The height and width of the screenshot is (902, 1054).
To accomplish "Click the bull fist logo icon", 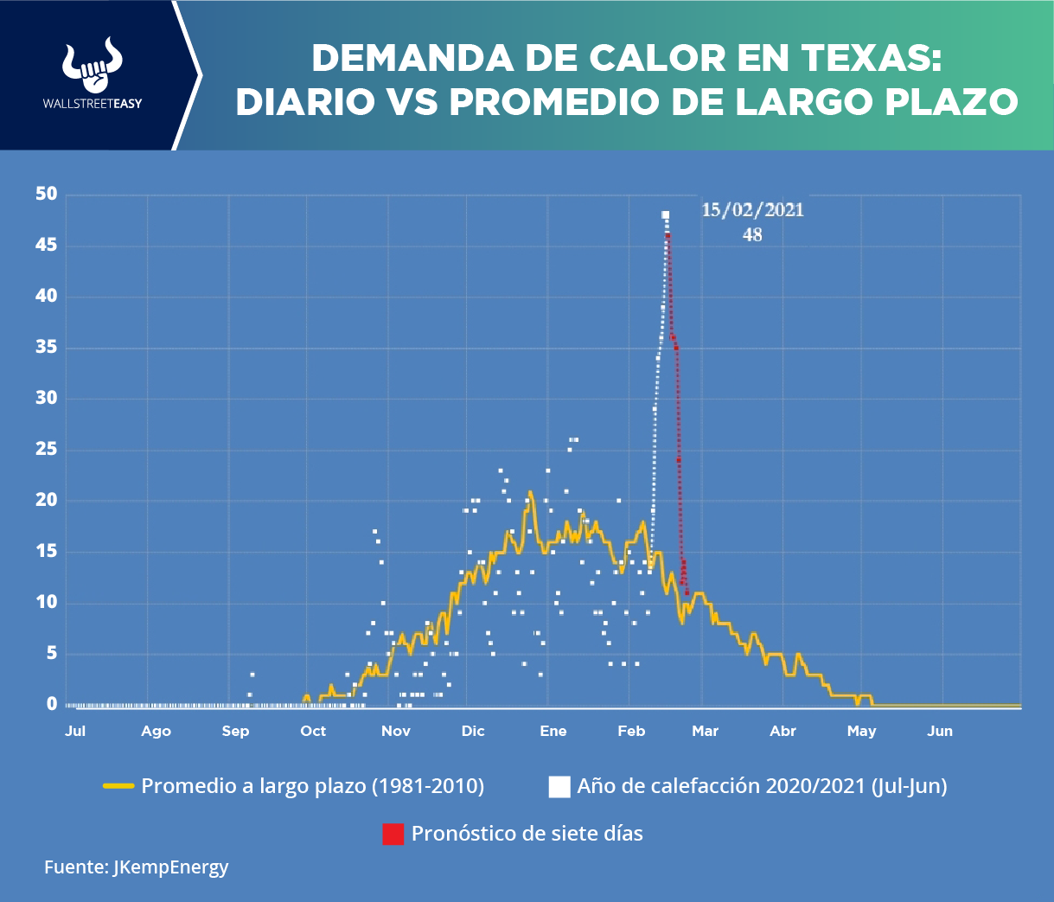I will tap(92, 66).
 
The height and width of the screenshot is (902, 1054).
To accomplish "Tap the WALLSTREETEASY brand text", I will tap(93, 104).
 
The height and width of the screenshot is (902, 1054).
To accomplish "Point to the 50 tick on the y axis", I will tap(47, 195).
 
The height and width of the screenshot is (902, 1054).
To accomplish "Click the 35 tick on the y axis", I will tap(47, 348).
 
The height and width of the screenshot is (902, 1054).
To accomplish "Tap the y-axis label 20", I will tap(47, 501).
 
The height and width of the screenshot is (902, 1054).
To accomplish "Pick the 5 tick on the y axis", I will tap(52, 654).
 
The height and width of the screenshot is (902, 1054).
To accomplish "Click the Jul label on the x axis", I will tap(75, 732).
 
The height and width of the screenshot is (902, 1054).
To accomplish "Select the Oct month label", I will tap(313, 732).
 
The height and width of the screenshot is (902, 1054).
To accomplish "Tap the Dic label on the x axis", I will tap(473, 732).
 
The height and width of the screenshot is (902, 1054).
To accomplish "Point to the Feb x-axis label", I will tap(631, 732).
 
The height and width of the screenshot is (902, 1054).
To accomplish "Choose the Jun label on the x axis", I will tap(940, 732).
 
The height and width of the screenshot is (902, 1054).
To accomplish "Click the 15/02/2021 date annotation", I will tap(752, 210).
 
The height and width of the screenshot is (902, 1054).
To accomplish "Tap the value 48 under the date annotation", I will tap(752, 234).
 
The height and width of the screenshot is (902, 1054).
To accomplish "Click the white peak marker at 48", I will tap(665, 215).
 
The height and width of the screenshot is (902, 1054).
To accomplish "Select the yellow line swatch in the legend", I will tap(118, 786).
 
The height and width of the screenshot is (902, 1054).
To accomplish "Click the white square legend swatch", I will tap(559, 786).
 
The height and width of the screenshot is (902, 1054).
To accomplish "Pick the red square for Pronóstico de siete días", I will tap(393, 834).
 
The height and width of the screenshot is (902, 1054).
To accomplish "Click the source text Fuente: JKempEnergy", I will tap(137, 867).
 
